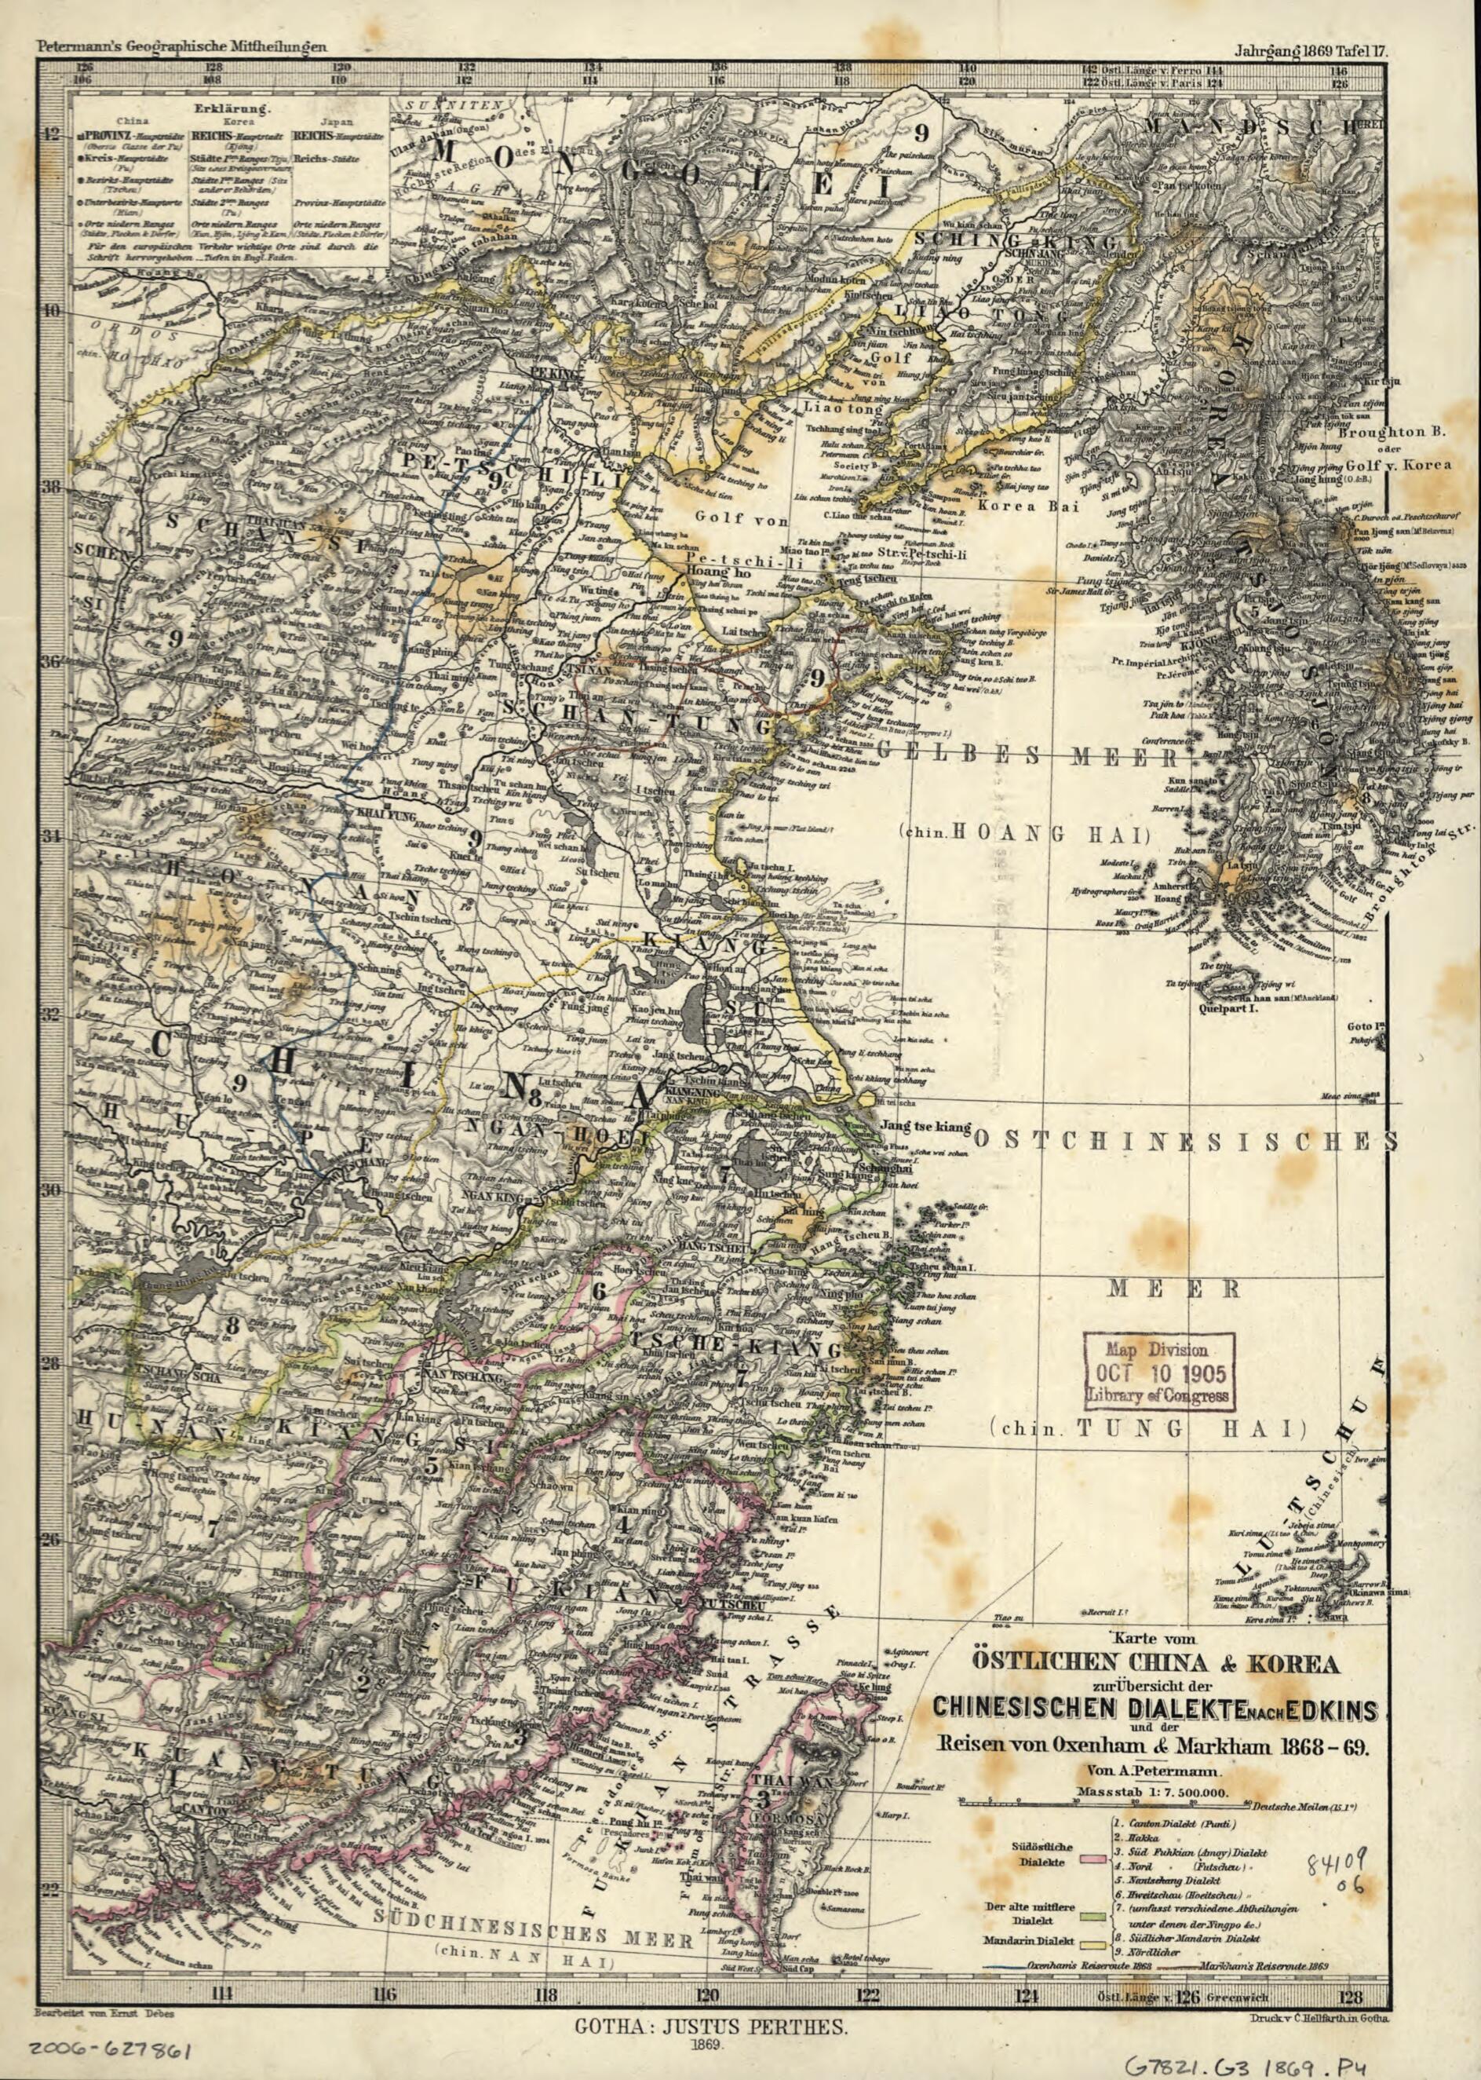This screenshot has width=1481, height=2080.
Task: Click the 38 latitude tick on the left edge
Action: click(52, 486)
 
